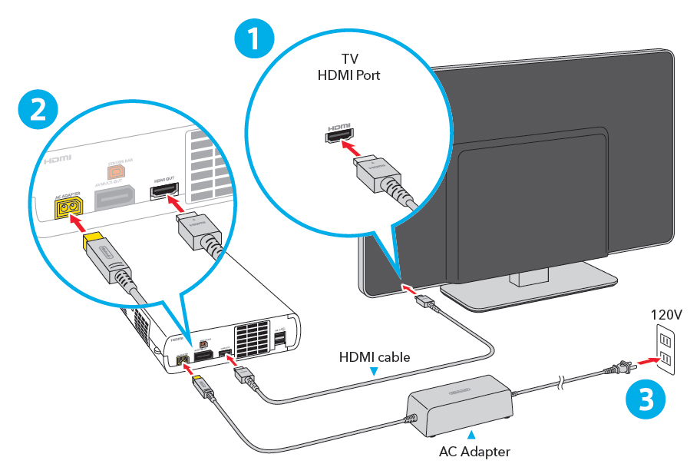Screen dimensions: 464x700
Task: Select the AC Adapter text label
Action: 474,451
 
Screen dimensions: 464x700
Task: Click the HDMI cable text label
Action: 374,357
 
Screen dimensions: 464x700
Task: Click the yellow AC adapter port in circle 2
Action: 69,207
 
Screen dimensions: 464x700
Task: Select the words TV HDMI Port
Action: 348,68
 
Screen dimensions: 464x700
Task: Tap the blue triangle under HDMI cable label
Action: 374,372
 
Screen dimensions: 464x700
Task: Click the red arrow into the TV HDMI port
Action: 350,144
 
